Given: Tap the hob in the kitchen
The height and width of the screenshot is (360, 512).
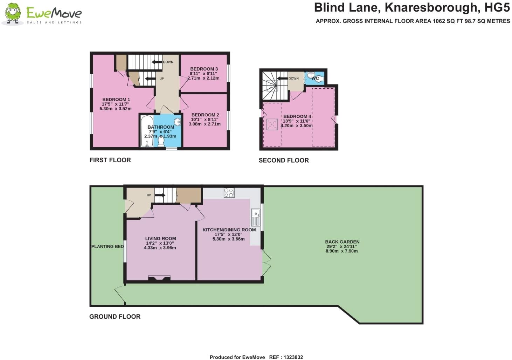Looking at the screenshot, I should (x=229, y=193).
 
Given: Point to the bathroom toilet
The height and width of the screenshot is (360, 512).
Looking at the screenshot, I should (x=161, y=141).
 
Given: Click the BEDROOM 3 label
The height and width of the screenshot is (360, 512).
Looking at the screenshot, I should (x=204, y=69).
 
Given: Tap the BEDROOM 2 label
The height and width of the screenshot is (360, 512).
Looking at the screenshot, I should (x=205, y=115).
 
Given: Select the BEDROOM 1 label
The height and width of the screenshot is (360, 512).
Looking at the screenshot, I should (x=116, y=100).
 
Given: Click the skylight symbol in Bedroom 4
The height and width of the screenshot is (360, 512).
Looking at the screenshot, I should (x=272, y=124).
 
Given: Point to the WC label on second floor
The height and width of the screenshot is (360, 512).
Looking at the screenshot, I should (x=315, y=78).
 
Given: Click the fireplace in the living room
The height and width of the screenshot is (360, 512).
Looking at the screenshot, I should (x=159, y=278).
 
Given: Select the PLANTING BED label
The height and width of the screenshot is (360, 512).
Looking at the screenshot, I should (x=108, y=246).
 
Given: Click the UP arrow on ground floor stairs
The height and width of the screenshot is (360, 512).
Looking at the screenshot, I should (x=160, y=195).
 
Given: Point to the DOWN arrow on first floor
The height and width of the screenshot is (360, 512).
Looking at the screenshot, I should (x=157, y=62).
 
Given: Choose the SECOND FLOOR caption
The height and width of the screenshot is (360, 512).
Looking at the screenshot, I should (x=284, y=161).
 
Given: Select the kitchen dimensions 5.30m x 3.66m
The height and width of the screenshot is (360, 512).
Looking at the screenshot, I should (x=228, y=239).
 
